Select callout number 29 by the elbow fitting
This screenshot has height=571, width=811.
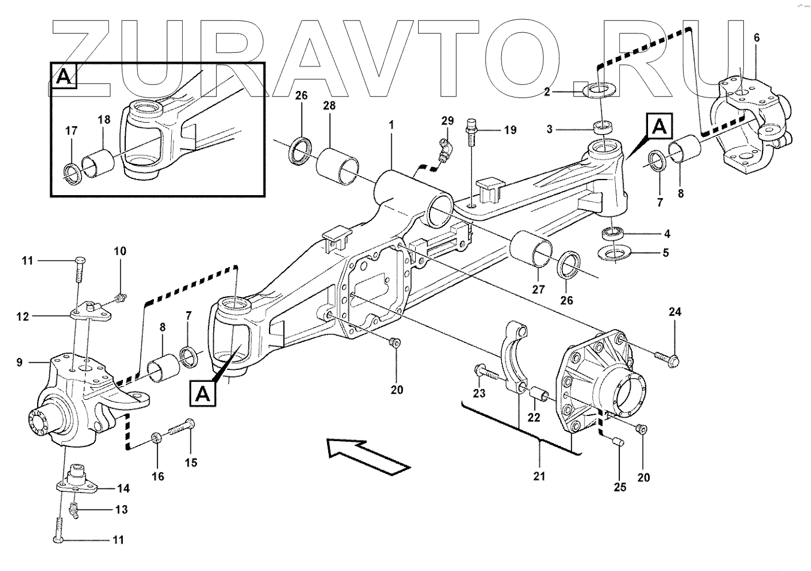coord(447,121)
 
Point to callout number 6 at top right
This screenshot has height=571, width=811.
coord(756,38)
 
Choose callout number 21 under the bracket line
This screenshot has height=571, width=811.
coord(540,476)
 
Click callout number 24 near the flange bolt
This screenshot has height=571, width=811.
coord(675,312)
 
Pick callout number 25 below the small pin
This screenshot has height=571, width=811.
coord(620,487)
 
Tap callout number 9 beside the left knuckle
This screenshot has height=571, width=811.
coord(20,362)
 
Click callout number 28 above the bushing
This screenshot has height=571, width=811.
coord(329,106)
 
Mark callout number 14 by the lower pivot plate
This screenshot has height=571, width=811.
coord(123,488)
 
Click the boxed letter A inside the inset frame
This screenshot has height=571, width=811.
coord(63,77)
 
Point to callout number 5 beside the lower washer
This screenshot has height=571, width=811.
coord(665,253)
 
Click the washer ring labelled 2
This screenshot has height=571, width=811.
coord(598,91)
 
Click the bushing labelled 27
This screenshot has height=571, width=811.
coord(531,250)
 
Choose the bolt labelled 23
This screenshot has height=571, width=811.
coord(487,372)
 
